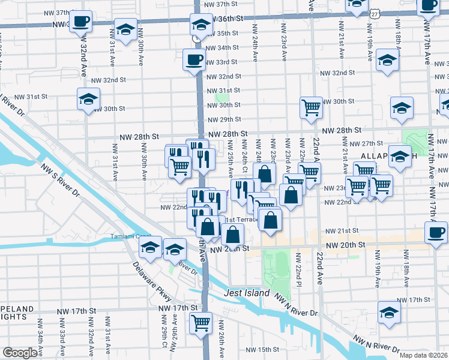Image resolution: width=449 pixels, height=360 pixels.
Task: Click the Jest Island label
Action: click(x=247, y=293)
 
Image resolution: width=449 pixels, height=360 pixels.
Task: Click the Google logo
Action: click(x=19, y=353)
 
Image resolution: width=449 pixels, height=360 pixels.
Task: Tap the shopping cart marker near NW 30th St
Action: click(x=312, y=108)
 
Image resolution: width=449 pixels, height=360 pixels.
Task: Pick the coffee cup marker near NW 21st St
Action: click(x=436, y=232)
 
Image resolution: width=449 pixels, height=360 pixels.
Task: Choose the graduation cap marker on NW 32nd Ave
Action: click(x=88, y=99)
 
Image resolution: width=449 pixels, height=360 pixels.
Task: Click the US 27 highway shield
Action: click(x=375, y=13)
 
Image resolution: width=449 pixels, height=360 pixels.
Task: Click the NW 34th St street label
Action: click(x=222, y=48)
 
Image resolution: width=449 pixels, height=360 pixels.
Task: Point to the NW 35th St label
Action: click(x=222, y=34)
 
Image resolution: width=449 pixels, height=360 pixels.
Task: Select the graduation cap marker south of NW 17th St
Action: click(x=390, y=313)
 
